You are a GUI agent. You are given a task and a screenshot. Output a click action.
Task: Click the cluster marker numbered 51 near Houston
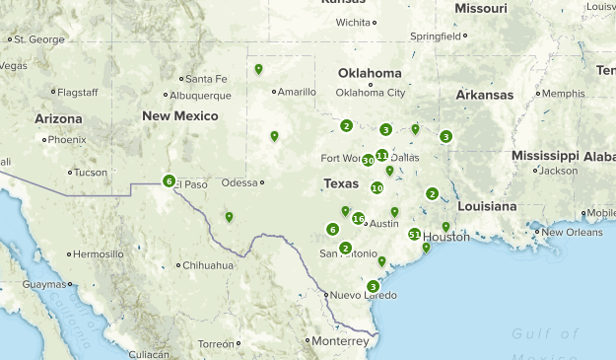point(415,234)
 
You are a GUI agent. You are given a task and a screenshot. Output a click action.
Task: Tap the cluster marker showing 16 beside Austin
point(358,218)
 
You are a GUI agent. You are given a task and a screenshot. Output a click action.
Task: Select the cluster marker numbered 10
point(376,187)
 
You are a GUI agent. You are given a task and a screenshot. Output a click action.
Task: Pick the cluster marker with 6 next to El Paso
point(170,180)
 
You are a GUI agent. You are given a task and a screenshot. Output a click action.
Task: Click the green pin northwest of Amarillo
point(258,69)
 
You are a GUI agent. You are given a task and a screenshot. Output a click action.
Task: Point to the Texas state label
point(341,183)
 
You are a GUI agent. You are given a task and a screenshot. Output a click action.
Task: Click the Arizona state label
point(58,117)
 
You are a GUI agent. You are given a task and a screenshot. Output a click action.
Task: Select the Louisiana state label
point(486,206)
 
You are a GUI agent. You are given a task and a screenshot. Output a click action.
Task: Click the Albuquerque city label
point(200,96)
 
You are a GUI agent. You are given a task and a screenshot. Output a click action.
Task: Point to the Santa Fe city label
point(206,79)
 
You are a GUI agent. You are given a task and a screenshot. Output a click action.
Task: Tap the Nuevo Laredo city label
point(363,295)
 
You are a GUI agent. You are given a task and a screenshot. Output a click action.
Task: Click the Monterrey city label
point(342,340)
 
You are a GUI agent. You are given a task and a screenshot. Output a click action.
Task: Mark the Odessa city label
point(239,182)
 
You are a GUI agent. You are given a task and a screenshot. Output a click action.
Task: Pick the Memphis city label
point(563,94)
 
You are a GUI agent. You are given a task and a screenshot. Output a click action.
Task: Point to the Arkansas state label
point(484,95)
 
